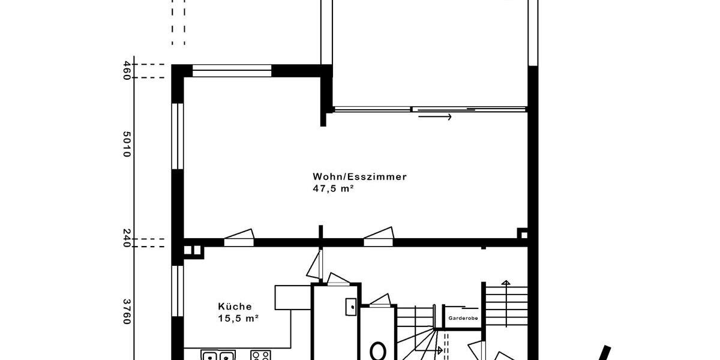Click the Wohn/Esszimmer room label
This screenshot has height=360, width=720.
359,177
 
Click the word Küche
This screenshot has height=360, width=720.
235,306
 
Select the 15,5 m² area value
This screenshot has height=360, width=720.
238,319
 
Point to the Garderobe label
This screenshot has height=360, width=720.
462,319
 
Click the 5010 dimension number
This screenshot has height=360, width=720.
127,145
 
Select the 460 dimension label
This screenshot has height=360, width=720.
127,71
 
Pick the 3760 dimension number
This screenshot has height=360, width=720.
127,311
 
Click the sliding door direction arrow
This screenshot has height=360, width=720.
434,116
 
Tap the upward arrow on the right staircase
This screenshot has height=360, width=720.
505,284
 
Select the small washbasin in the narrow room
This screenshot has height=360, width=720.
351,307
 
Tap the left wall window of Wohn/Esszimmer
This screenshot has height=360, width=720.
178,137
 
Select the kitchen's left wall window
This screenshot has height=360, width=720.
178,291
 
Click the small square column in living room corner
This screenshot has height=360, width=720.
523,234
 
